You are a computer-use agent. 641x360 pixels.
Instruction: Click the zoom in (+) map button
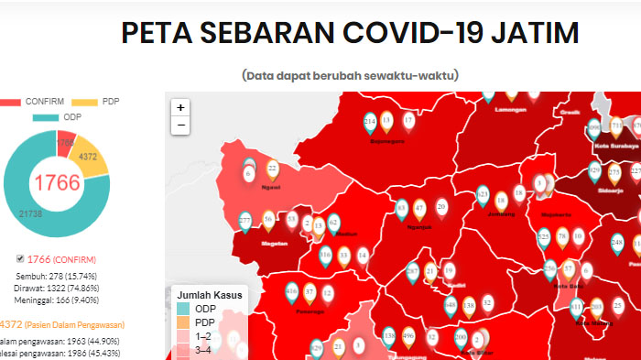coord(180,107)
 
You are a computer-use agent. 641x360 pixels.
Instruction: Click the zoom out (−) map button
coord(180,125)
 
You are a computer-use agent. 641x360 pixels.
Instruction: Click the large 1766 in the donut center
coord(57,181)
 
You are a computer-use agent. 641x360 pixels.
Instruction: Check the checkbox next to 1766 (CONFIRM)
coord(21,259)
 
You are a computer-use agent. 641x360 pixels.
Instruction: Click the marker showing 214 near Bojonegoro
coord(370,122)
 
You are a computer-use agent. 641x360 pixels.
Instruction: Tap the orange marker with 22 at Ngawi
coord(272,169)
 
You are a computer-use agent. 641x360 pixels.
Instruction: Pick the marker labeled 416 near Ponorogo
coord(292,293)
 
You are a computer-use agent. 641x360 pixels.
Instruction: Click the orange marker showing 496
coord(408,336)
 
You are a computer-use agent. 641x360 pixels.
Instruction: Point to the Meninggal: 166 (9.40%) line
coord(57,299)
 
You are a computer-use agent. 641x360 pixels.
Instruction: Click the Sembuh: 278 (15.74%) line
coord(57,275)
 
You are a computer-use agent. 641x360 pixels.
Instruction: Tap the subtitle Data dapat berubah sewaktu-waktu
coord(351,75)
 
